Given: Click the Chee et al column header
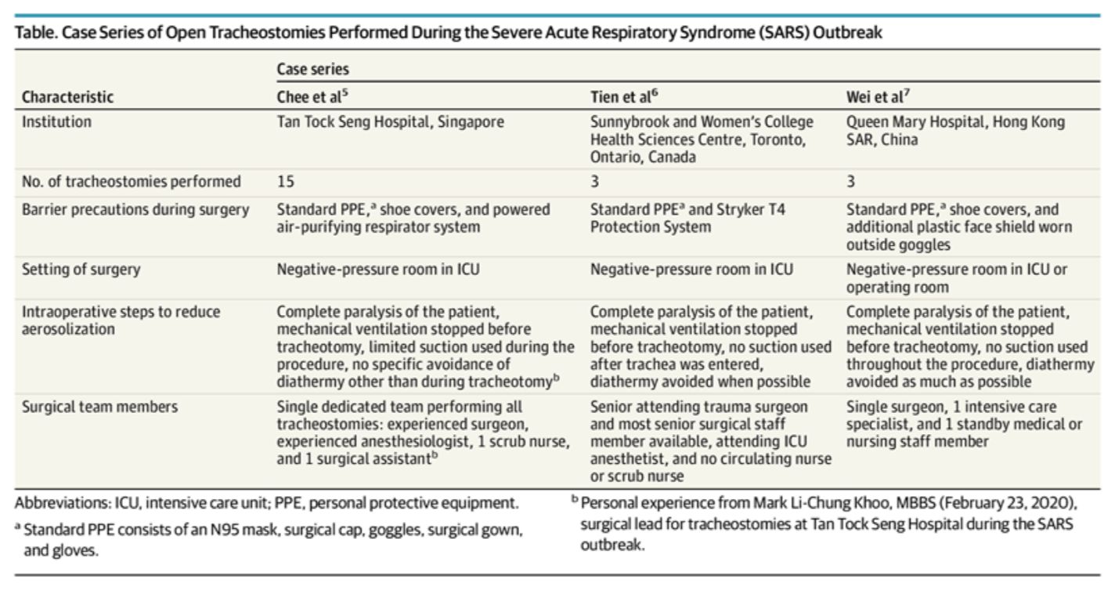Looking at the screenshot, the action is coord(312,96).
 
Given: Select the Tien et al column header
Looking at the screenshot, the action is coord(624,96).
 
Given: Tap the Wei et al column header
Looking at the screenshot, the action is coord(878,96).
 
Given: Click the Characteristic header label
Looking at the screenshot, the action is coord(67,96).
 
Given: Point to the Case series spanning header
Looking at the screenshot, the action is coord(312,69).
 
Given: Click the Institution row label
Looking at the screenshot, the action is coord(56,122).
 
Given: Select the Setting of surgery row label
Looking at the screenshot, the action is coord(81,270).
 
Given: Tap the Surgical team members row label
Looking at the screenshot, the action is coord(99,407).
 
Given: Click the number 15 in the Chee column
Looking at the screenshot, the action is coord(286,181).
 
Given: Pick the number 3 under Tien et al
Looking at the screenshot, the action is coord(595,181).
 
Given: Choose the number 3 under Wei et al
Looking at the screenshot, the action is coord(850,181).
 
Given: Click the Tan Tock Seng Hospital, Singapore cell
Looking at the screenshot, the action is coord(390,122).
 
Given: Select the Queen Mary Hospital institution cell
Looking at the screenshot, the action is coord(956,131).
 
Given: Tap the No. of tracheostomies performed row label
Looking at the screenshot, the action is coord(132,182).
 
